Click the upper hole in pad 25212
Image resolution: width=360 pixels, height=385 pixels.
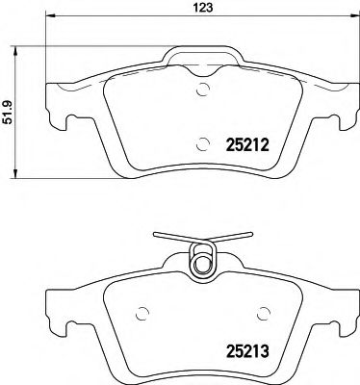pyautogui.click(x=202, y=91)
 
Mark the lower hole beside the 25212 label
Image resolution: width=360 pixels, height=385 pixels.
pyautogui.click(x=202, y=144)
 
